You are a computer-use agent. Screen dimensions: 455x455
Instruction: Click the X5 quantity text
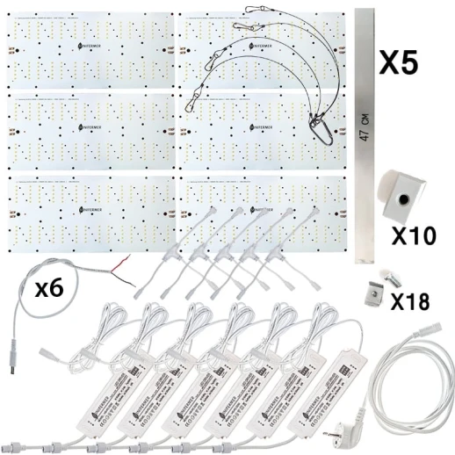(x=408, y=62)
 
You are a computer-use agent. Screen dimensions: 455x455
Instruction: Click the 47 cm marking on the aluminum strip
(x=366, y=122)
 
